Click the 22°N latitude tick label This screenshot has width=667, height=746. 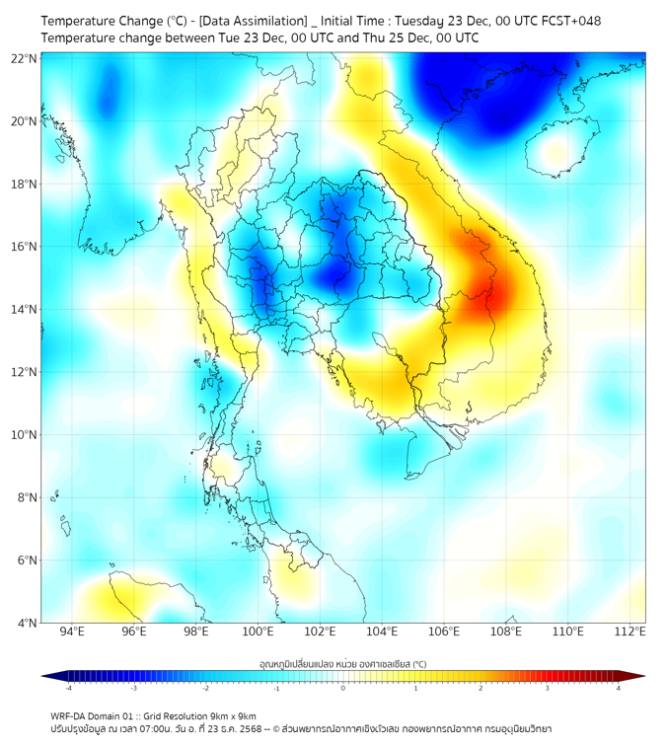pyautogui.click(x=25, y=58)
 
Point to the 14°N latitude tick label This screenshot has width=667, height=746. pyautogui.click(x=25, y=310)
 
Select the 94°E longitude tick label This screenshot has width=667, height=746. pyautogui.click(x=72, y=633)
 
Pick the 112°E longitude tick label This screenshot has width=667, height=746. pyautogui.click(x=630, y=633)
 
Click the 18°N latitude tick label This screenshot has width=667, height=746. pyautogui.click(x=25, y=185)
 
